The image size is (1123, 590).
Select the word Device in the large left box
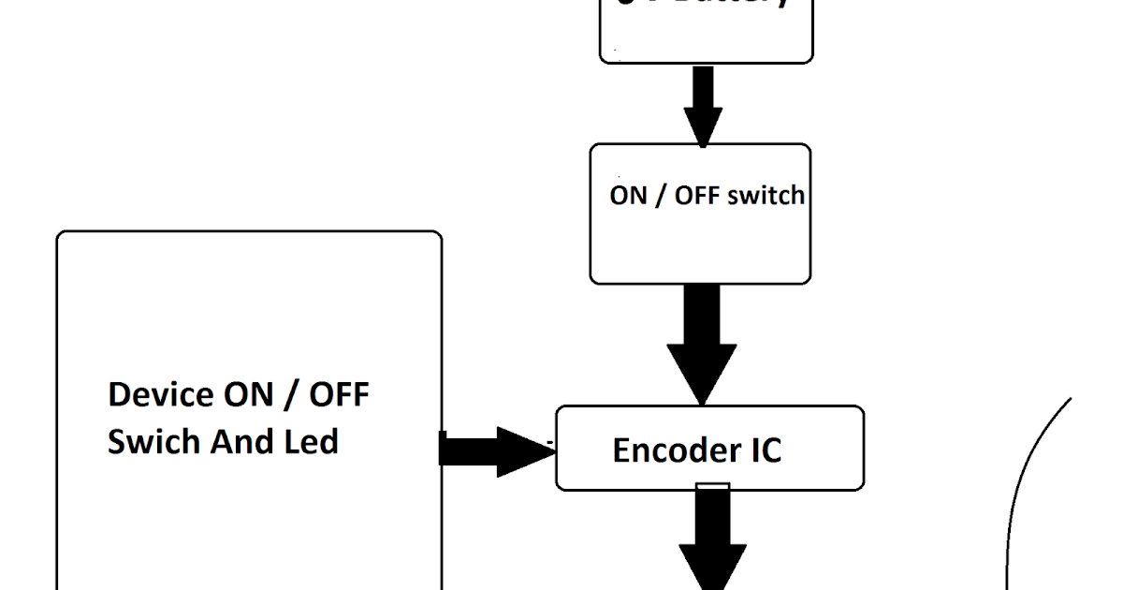tap(161, 394)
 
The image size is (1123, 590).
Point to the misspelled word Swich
tap(152, 441)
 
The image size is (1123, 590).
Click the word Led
tap(311, 441)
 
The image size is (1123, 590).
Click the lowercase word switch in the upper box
tap(763, 196)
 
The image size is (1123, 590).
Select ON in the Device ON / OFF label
tap(248, 394)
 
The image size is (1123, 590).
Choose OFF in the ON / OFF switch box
tap(696, 196)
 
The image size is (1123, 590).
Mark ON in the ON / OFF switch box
tap(628, 196)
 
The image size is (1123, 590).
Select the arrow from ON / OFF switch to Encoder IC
tap(702, 342)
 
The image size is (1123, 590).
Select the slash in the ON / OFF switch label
tap(661, 196)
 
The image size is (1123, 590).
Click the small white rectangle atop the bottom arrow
tap(713, 485)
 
